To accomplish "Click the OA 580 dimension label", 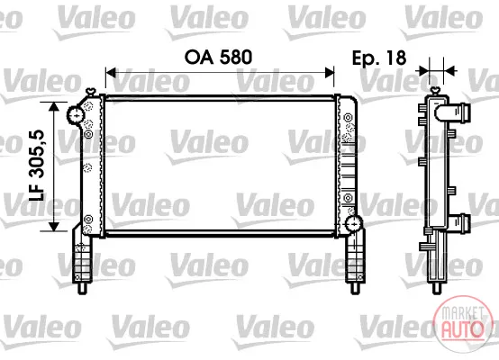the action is [218, 58].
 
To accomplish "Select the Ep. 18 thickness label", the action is [379, 58].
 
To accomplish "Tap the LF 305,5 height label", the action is [37, 165].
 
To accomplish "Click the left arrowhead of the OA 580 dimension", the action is [110, 73].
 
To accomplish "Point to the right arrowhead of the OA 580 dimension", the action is [330, 73].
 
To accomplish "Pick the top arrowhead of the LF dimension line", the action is [54, 106].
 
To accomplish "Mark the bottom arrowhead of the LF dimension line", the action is [54, 227].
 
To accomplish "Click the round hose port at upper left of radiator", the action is [76, 116].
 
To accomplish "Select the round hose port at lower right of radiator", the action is [354, 224].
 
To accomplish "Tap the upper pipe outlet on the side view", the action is [453, 112].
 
